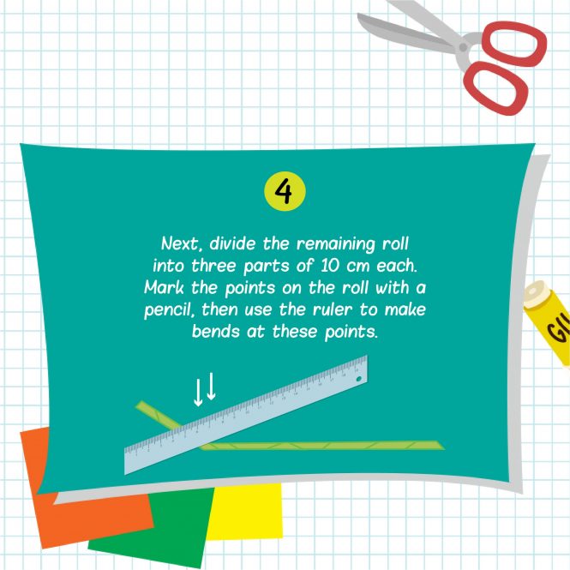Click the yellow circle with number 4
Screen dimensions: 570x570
285,191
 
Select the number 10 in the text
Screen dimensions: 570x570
330,266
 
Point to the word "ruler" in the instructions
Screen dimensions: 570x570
333,309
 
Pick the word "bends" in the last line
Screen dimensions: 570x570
215,332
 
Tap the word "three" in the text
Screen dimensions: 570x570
213,266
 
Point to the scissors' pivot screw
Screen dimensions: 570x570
463,47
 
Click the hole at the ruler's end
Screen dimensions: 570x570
359,379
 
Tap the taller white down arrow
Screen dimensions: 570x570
211,386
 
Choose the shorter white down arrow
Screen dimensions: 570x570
198,393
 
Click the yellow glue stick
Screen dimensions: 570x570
549,321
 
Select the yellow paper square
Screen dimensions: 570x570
245,511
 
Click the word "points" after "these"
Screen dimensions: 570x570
351,333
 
